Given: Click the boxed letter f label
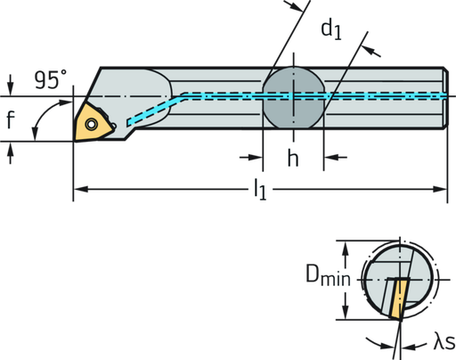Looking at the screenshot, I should (10, 121).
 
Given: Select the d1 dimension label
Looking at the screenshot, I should (331, 31).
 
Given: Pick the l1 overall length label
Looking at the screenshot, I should (260, 189).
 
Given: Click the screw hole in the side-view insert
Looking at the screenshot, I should (90, 122).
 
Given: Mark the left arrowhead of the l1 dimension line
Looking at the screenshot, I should (77, 189).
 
